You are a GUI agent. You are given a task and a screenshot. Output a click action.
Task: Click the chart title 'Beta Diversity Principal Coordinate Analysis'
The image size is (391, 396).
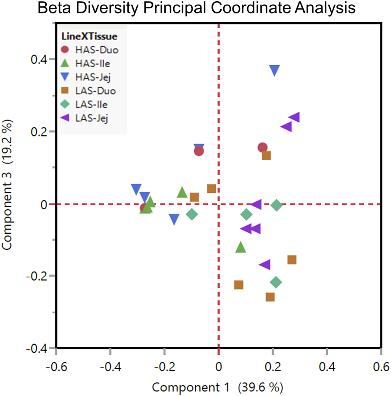coord(195,9)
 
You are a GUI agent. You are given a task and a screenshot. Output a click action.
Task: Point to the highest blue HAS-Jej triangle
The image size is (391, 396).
coord(275,70)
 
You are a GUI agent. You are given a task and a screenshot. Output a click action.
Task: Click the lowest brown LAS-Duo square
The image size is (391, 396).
coord(270,297)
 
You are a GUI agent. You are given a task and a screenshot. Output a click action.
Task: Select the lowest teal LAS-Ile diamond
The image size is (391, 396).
coord(276,282)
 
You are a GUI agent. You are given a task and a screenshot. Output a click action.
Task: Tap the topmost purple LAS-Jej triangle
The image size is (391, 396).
coord(294,117)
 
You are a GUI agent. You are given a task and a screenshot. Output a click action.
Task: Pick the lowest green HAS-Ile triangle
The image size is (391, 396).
coord(240,247)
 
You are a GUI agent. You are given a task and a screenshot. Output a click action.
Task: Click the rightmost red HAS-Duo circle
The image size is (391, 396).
coord(263,148)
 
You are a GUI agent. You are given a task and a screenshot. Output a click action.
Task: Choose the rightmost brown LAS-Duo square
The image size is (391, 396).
coord(292,260)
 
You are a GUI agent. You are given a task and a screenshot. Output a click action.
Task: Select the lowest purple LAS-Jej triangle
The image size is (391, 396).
coord(265,264)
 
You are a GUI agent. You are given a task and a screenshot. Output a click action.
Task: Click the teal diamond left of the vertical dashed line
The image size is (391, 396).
coord(192,214)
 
